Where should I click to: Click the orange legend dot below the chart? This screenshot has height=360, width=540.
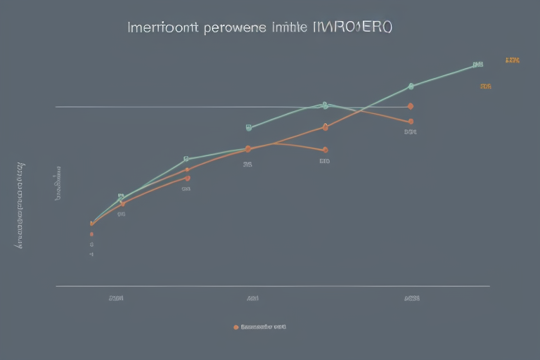(x=236, y=327)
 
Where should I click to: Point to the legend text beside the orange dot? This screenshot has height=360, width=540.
(x=264, y=327)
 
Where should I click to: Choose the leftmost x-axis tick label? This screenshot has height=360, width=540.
(x=117, y=298)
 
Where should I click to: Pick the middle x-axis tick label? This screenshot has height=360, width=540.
(x=252, y=298)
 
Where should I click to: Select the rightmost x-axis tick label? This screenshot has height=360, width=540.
(x=412, y=298)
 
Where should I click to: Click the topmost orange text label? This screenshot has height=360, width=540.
(x=512, y=60)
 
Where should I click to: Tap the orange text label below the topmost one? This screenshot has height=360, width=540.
(x=486, y=86)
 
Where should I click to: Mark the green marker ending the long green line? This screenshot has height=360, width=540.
(x=478, y=64)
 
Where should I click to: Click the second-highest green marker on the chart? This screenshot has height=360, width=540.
(x=411, y=86)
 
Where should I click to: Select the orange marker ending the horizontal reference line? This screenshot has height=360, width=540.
(x=411, y=106)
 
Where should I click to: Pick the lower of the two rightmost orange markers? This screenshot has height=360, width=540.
(x=411, y=121)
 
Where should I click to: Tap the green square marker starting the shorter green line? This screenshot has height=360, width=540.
(x=249, y=127)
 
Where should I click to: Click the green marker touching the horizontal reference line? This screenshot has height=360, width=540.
(x=325, y=105)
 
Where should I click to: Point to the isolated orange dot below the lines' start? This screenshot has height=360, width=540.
(x=91, y=233)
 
